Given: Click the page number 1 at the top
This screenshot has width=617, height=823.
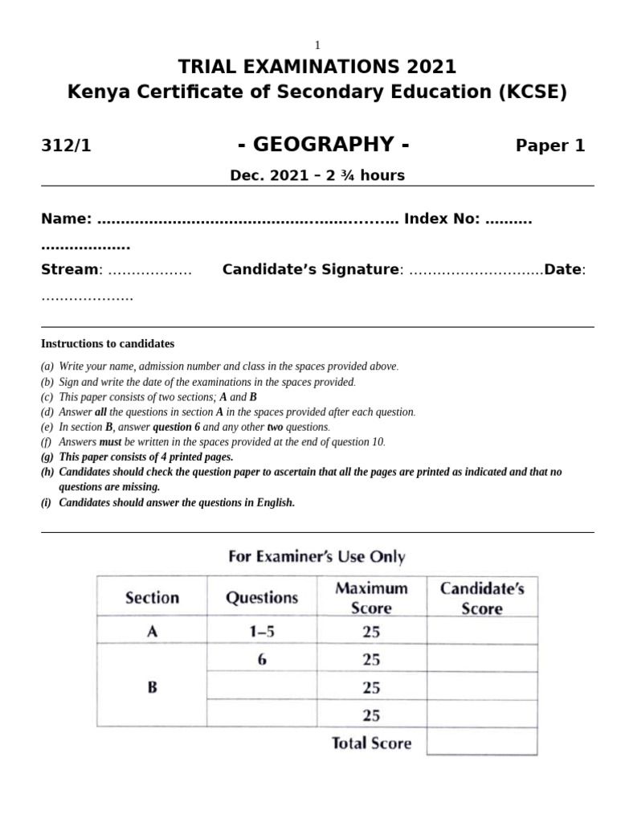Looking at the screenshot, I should point(317,47).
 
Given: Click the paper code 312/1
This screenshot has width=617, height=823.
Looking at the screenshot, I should point(66,146).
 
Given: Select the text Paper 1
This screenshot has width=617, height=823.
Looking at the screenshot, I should point(550,145).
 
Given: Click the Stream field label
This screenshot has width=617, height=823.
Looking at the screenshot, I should point(69,270).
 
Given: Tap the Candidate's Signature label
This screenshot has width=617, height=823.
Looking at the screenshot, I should point(311,270).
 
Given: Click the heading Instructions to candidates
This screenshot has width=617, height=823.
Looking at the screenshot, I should point(108,344).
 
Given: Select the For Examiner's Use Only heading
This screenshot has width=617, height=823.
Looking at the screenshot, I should point(317,556).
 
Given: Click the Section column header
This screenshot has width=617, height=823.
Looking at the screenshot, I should point(152,597).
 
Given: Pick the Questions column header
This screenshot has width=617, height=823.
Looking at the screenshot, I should point(262,597).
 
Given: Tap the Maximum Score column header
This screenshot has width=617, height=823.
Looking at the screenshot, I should point(371,597).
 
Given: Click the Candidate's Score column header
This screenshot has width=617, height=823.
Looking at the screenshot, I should point(482,597).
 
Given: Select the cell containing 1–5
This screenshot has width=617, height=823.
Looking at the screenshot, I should point(262,632).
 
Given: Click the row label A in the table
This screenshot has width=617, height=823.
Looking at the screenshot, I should point(152,632).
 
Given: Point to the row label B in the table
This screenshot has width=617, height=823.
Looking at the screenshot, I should point(152,687).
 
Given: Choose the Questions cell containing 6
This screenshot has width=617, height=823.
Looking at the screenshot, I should point(262,659).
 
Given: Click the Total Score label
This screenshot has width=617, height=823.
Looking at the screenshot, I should point(371,743).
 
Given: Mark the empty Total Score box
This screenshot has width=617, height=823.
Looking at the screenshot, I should point(482,742).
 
